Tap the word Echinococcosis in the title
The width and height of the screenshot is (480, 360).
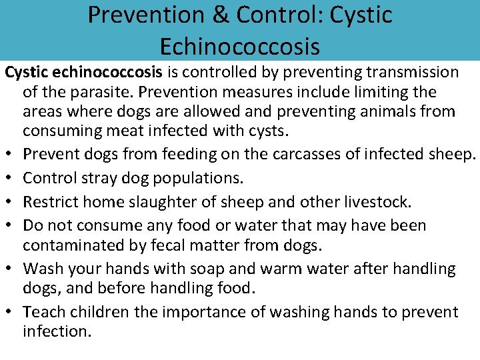(240, 47)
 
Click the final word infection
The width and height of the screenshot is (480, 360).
(57, 332)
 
